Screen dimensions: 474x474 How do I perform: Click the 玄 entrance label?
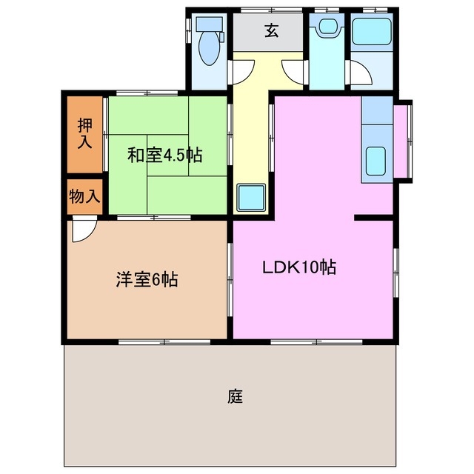[x=271, y=31]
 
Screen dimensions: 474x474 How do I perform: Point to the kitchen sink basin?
[x=375, y=161]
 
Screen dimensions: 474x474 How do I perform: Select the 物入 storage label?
[x=84, y=197]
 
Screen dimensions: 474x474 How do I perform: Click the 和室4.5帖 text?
[x=165, y=156]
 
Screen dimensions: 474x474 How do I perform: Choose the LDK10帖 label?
[x=299, y=267]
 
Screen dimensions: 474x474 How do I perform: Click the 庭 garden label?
[x=236, y=396]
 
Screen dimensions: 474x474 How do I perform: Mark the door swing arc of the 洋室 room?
[x=83, y=231]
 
